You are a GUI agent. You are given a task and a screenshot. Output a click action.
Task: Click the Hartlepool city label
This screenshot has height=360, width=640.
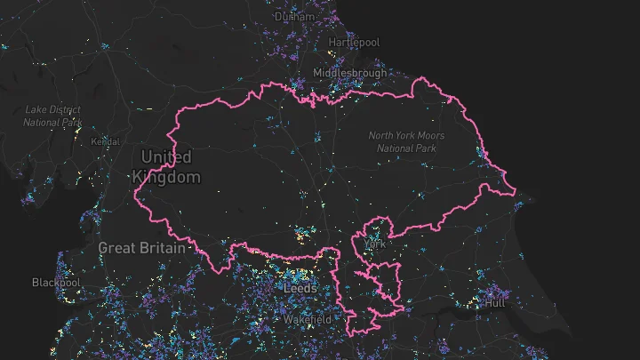[x=354, y=43]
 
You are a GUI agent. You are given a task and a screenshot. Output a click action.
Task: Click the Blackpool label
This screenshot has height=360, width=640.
[x=55, y=283]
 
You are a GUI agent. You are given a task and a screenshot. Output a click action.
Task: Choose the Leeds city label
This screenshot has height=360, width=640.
[x=300, y=289]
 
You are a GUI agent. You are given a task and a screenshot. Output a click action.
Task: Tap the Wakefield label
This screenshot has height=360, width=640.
[x=307, y=319]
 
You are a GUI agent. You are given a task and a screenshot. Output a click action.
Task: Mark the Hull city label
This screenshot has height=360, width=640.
[x=494, y=303]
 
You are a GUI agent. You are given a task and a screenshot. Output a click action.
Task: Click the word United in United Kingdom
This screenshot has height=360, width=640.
[x=166, y=157]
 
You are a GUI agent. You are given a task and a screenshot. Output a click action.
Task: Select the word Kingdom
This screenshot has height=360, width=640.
[x=166, y=177]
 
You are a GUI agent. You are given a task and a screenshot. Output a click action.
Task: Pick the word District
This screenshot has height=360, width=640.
[x=67, y=109]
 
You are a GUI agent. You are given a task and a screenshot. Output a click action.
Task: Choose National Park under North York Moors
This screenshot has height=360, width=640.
[x=406, y=148]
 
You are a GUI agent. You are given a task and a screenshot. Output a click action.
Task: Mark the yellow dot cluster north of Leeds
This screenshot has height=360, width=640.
[x=304, y=236]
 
